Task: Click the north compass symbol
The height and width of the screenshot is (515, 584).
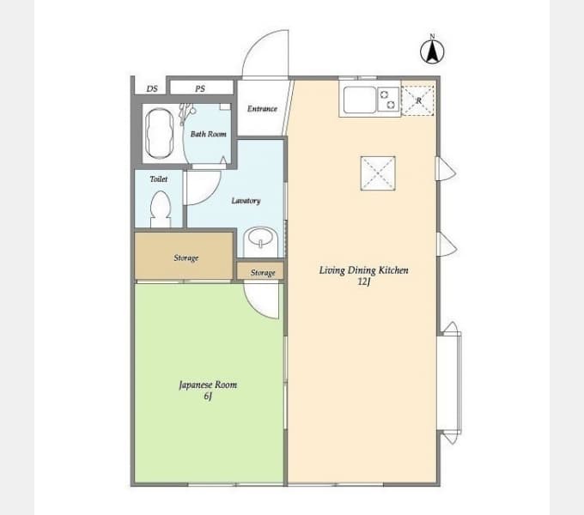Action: click(432, 51)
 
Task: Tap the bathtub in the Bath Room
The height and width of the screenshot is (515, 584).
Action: click(160, 134)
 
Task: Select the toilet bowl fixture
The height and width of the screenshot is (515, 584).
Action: click(161, 209)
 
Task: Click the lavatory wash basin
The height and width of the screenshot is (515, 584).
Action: click(260, 241)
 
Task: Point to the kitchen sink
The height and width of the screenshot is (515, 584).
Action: click(360, 100)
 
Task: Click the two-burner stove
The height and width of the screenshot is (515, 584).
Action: click(388, 100)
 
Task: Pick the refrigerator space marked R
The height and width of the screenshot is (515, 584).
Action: click(418, 100)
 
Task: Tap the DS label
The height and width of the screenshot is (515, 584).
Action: click(152, 88)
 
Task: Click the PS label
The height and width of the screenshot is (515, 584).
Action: click(200, 88)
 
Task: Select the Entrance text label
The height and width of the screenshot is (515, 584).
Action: click(262, 109)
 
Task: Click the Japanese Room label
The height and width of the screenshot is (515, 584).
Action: click(208, 385)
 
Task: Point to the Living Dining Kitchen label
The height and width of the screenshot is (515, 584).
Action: click(363, 270)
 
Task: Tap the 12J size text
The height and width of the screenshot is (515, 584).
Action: click(364, 282)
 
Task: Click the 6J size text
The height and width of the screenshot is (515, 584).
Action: click(208, 397)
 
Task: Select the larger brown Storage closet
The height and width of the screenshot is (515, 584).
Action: click(184, 256)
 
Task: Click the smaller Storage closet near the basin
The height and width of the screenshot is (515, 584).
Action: click(260, 271)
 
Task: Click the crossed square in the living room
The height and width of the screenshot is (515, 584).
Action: click(378, 173)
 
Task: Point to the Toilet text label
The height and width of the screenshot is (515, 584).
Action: click(159, 179)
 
